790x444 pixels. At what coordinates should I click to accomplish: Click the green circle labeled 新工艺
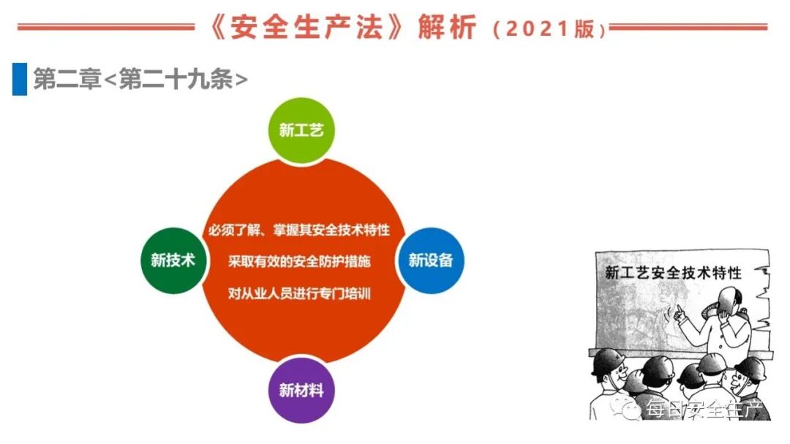coord(301,130)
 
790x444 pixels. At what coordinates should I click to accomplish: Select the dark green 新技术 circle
coord(173,260)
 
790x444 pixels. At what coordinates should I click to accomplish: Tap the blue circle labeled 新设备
coord(430,260)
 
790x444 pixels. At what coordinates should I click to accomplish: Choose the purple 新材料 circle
coord(301,389)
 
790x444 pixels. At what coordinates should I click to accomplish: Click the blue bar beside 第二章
coord(19,79)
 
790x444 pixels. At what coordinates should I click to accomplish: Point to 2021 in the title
coord(538,29)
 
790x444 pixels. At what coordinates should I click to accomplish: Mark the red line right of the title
coord(688,28)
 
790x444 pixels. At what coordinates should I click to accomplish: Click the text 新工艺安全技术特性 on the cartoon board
coord(673,274)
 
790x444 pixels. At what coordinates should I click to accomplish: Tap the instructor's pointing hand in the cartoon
coord(679,314)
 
